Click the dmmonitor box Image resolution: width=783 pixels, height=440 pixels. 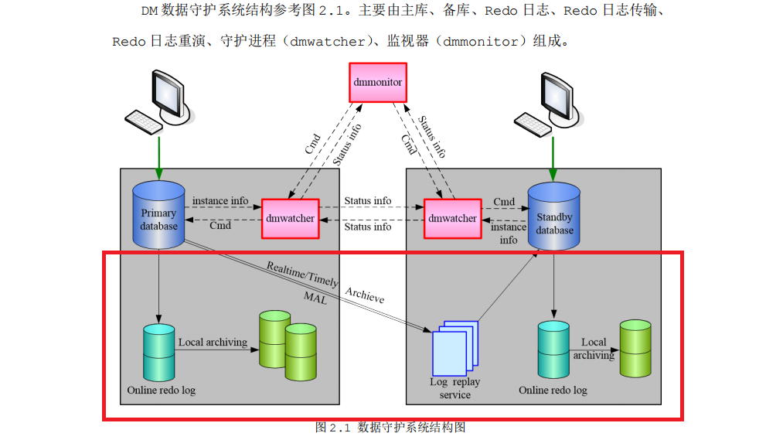[x=377, y=82]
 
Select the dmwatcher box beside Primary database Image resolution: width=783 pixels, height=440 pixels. [x=290, y=218]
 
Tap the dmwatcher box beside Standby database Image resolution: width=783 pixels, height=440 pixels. [x=452, y=218]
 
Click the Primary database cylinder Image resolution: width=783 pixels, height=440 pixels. [x=158, y=217]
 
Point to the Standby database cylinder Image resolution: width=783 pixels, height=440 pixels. [x=553, y=218]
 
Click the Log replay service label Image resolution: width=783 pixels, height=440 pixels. [x=454, y=388]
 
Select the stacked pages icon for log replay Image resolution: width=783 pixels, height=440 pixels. [x=455, y=349]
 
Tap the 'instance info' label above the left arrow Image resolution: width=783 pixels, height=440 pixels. [x=220, y=201]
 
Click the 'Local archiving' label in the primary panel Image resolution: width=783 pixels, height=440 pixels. [x=213, y=342]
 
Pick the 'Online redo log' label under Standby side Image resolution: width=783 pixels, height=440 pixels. [x=553, y=391]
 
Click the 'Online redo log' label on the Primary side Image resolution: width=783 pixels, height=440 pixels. [x=161, y=391]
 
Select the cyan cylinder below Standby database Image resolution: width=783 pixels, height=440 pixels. [x=554, y=348]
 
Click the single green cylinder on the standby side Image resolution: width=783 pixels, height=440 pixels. [x=636, y=348]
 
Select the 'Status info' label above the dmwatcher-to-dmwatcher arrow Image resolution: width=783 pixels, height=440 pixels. [x=367, y=201]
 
